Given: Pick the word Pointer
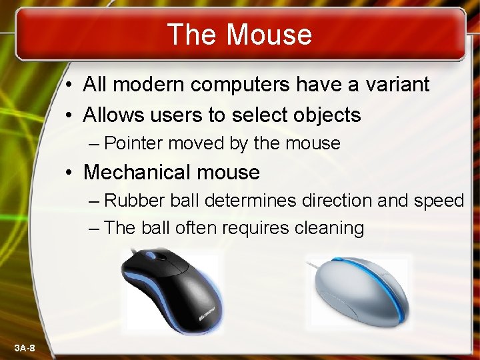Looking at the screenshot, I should [x=135, y=143].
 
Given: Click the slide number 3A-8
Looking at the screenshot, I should [x=26, y=349].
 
